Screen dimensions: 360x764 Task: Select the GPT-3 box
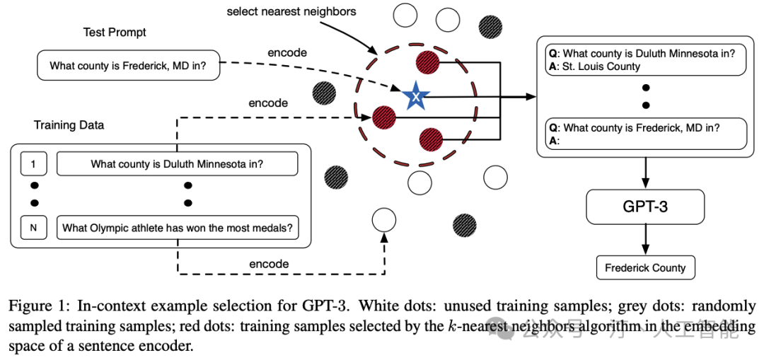(x=644, y=207)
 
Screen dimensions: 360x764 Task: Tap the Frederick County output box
(x=644, y=268)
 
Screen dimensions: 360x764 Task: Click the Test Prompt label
(x=115, y=33)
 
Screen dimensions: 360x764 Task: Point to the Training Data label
(x=69, y=125)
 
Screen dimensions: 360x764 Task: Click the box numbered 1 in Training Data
(x=33, y=164)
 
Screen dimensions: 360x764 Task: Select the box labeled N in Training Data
(x=33, y=228)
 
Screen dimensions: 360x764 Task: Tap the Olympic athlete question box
(x=177, y=228)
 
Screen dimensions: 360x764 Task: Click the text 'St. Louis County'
(x=601, y=66)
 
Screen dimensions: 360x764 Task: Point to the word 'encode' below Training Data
(x=269, y=264)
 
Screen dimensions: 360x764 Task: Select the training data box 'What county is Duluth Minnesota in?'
(x=177, y=164)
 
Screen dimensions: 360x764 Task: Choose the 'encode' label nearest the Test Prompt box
(x=287, y=52)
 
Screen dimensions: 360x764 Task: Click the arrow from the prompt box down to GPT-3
(x=644, y=170)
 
